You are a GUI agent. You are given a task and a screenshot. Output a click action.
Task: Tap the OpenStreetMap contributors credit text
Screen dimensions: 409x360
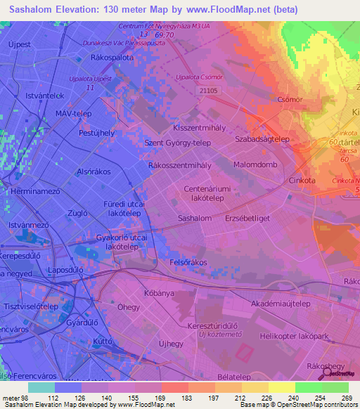coord(315,405)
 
